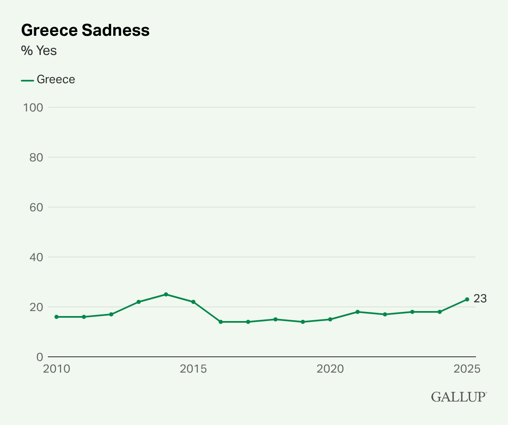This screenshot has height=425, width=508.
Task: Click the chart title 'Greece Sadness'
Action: pyautogui.click(x=85, y=30)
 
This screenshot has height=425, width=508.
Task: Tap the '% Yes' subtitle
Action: pyautogui.click(x=39, y=51)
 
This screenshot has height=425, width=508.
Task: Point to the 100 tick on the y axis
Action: pyautogui.click(x=33, y=107)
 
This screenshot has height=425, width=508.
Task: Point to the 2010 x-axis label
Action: pyautogui.click(x=57, y=369)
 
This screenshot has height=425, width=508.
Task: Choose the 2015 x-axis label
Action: pyautogui.click(x=193, y=369)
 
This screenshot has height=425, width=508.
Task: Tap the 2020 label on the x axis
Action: pyautogui.click(x=330, y=369)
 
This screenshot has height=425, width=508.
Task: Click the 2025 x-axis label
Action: pyautogui.click(x=467, y=369)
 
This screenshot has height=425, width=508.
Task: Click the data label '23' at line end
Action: pyautogui.click(x=480, y=299)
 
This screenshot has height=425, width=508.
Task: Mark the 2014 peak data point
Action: pyautogui.click(x=166, y=294)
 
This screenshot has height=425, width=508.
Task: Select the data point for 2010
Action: pyautogui.click(x=57, y=317)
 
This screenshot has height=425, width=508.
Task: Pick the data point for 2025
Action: pyautogui.click(x=467, y=299)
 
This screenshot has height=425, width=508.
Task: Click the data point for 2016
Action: pyautogui.click(x=221, y=322)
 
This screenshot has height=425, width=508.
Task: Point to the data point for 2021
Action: pyautogui.click(x=358, y=312)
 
